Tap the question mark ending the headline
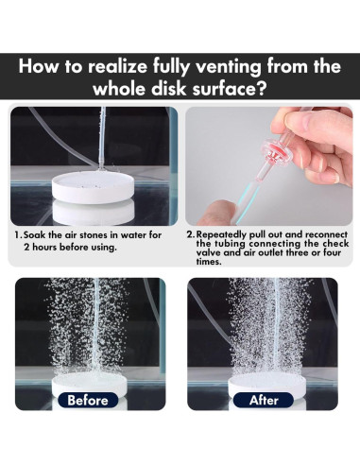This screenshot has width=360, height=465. click(263, 89)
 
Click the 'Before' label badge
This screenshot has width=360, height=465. click(88, 401)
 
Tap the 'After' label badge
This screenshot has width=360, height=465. click(264, 401)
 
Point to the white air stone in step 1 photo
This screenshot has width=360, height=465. click(94, 188)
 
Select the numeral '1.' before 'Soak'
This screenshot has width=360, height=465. click(18, 235)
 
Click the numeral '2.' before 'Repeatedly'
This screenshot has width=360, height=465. click(191, 234)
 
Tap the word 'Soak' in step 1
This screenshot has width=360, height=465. click(35, 235)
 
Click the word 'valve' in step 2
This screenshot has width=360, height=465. click(208, 252)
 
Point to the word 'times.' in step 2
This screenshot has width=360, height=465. click(209, 262)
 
